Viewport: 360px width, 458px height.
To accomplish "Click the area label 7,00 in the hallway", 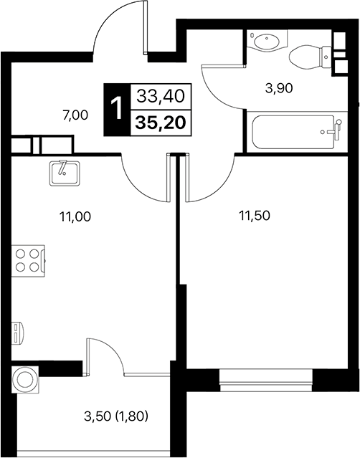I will click(x=75, y=115).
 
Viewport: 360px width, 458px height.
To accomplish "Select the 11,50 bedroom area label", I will click(x=255, y=214).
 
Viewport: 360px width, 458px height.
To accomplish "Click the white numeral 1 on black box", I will click(x=115, y=109).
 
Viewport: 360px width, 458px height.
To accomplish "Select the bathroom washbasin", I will click(x=267, y=41).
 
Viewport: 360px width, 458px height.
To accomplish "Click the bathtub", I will click(x=294, y=131).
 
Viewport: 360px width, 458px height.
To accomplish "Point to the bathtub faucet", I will click(x=331, y=131).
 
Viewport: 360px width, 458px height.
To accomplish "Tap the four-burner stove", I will click(x=28, y=259).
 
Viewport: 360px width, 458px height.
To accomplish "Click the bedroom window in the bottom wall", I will click(x=265, y=378).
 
